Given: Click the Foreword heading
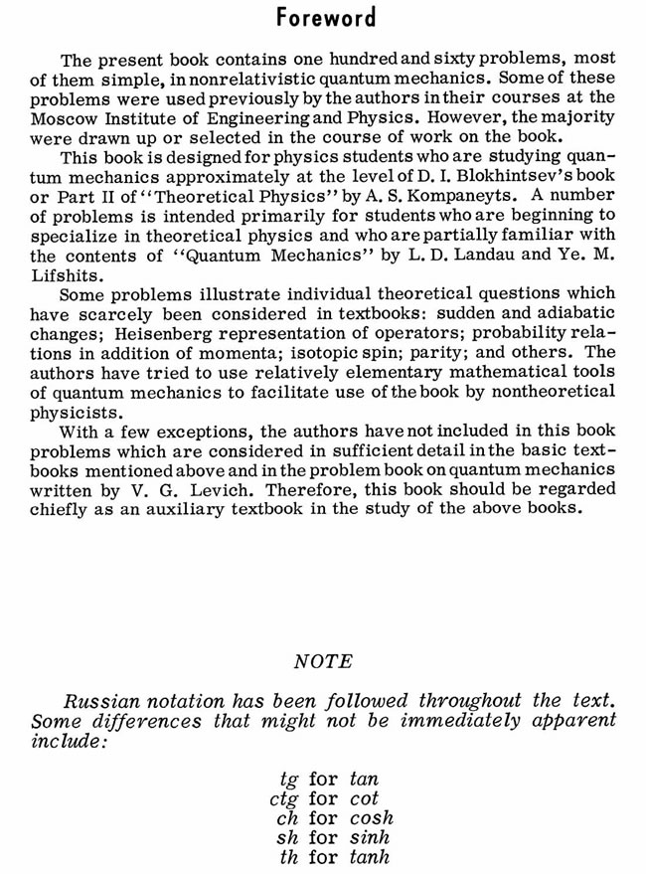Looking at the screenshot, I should tap(326, 18).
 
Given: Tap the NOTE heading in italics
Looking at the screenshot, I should tap(323, 661).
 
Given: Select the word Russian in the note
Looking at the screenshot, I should tap(98, 701).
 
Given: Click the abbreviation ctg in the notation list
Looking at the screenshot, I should tap(284, 798).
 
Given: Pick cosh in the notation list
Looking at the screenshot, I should tap(372, 818).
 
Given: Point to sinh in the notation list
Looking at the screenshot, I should tap(370, 838).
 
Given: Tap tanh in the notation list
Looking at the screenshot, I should tap(370, 858).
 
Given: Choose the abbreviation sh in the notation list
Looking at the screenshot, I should tap(287, 838).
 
